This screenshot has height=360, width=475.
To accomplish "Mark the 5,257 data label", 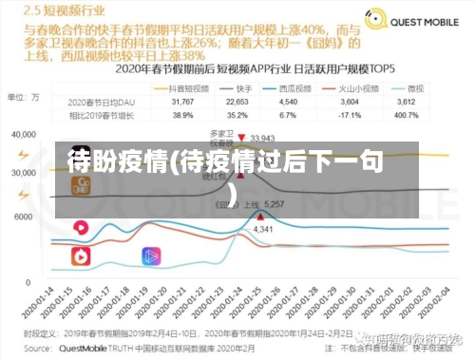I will point(275,205).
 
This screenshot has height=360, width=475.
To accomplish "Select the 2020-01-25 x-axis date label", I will point(256,301).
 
